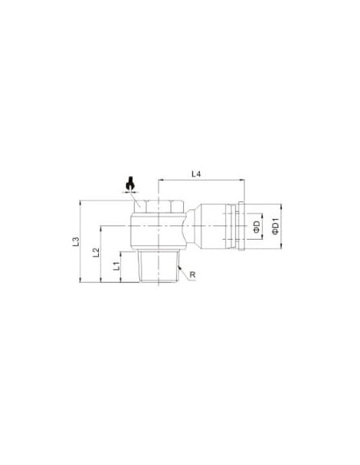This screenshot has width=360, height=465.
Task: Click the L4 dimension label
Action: tap(196, 174)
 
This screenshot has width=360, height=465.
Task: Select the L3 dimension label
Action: tap(76, 241)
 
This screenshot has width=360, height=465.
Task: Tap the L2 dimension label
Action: tap(96, 252)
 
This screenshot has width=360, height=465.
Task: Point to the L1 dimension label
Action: tap(117, 266)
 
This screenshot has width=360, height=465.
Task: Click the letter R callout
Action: tap(193, 275)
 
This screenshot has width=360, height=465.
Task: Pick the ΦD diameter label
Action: tap(256, 226)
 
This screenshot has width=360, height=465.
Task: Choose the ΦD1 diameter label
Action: tap(276, 226)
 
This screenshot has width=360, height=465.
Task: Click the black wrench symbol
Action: tap(130, 184)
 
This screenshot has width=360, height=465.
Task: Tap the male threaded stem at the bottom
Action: tap(158, 266)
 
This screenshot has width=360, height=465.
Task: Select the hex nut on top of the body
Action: tap(158, 207)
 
